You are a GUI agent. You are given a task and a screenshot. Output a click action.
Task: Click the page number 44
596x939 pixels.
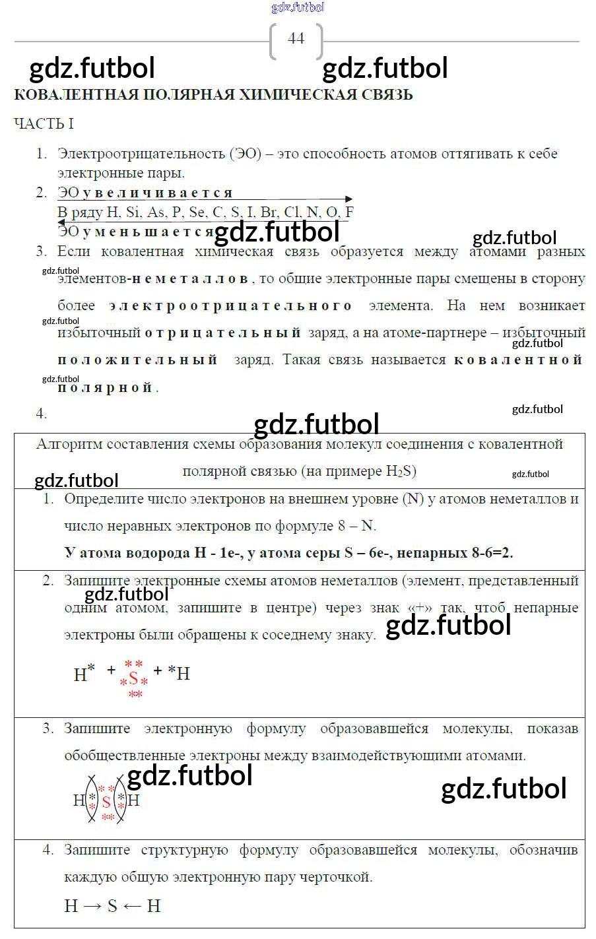(x=296, y=38)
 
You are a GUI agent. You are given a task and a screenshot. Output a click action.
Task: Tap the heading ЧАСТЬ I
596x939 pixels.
(x=44, y=123)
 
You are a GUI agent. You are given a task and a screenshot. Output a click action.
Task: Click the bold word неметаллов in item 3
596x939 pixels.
(x=190, y=278)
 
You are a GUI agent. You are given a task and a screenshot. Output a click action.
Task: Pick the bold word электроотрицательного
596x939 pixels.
(x=231, y=306)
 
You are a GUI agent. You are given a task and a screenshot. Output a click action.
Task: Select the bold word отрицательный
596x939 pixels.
(x=223, y=333)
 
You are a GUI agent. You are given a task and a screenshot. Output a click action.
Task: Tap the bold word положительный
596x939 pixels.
(x=137, y=360)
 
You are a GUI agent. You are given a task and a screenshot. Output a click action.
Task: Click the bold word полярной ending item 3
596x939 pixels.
(x=106, y=387)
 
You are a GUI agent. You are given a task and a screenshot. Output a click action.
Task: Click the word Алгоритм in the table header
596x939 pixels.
(x=69, y=444)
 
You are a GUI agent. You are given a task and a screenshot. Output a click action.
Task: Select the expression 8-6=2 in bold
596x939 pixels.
(x=492, y=553)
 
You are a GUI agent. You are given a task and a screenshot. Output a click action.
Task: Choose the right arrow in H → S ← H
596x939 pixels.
(x=92, y=906)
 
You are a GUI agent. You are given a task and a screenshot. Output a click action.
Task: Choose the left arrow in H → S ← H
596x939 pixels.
(x=132, y=906)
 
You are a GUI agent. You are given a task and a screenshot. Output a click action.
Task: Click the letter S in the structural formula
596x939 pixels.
(x=112, y=906)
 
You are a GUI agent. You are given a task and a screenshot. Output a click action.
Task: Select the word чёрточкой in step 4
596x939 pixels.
(x=336, y=877)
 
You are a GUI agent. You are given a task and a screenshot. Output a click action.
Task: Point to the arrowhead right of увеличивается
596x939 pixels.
(x=348, y=199)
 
